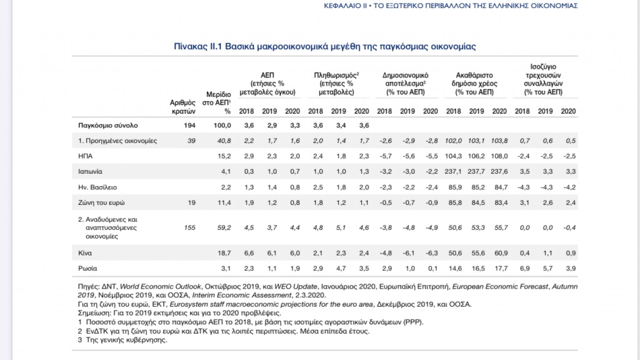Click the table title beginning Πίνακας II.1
[x=325, y=46]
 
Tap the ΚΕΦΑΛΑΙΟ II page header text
[x=451, y=6]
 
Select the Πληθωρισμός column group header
[x=336, y=84]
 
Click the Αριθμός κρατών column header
[x=183, y=107]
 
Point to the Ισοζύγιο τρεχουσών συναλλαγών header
[x=543, y=79]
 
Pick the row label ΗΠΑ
[x=85, y=156]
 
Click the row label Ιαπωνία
[x=90, y=172]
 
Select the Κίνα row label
[x=85, y=253]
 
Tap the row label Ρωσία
[x=87, y=269]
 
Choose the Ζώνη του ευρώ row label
[x=102, y=203]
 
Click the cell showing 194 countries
[x=189, y=125]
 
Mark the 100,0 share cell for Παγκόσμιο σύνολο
[x=222, y=125]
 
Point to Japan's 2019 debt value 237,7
[x=476, y=172]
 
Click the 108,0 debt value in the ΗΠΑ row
[x=499, y=156]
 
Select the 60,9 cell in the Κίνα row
[x=501, y=253]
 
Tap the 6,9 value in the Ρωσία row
[x=525, y=269]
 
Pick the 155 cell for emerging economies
[x=190, y=227]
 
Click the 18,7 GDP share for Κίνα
[x=224, y=253]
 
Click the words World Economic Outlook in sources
[x=161, y=286]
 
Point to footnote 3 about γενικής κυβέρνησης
[x=122, y=340]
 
